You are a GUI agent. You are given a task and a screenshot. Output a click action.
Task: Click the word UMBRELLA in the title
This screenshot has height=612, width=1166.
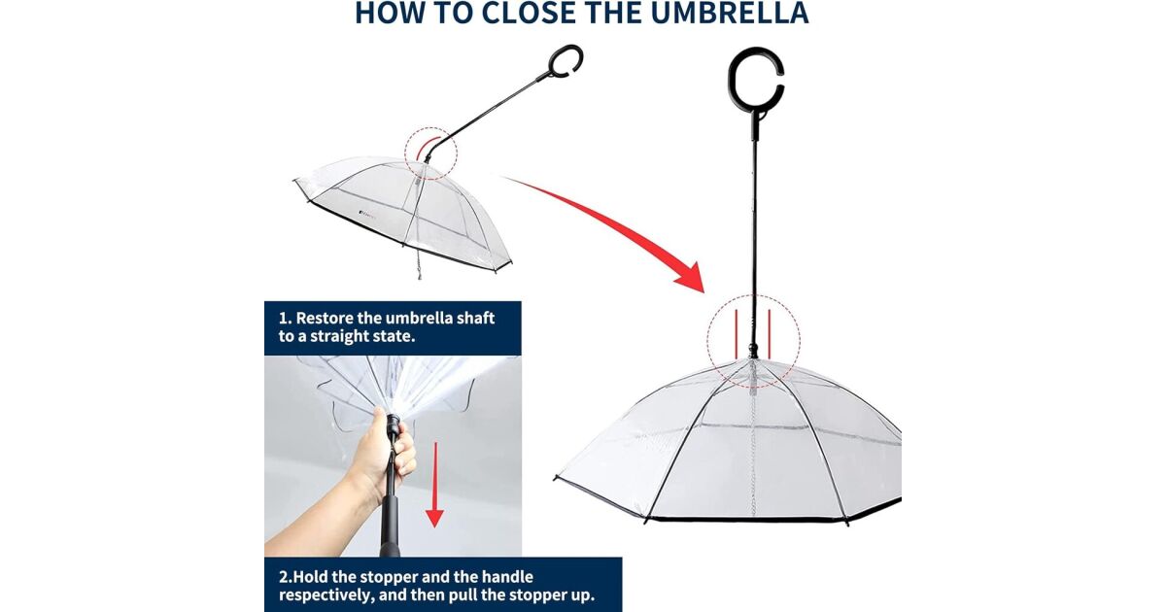[730, 13]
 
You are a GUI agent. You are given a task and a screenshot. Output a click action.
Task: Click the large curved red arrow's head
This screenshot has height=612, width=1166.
[690, 279]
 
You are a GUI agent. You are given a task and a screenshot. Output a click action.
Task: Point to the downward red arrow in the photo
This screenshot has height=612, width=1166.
[434, 485]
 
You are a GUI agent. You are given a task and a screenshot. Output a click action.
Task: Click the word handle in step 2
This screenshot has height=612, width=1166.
[507, 577]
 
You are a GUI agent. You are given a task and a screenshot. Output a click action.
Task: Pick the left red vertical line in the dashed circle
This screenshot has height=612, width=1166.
[737, 334]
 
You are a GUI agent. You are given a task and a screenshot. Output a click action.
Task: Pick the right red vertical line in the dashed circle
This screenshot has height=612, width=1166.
[769, 334]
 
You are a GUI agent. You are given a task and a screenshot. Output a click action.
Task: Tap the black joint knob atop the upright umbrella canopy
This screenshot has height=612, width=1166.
[753, 349]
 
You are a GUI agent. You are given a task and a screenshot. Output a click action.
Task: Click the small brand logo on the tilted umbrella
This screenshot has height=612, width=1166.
[369, 213]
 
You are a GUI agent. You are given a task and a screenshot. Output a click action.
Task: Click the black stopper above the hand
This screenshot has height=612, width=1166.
[394, 425]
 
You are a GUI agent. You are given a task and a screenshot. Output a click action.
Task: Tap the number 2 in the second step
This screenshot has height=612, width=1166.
[283, 577]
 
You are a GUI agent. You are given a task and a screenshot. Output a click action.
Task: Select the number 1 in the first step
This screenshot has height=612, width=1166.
[283, 318]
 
